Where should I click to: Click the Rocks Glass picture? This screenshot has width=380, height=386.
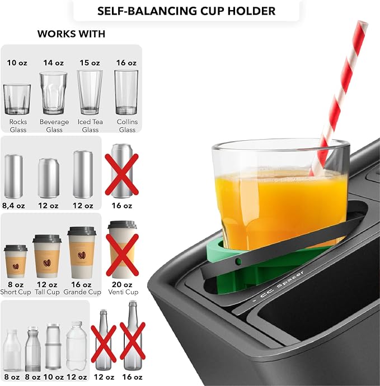click(x=17, y=99)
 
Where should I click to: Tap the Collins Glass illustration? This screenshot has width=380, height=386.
click(x=126, y=92)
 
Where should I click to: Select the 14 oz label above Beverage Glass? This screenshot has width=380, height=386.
click(x=54, y=63)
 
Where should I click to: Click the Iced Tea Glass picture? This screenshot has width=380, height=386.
click(x=90, y=92)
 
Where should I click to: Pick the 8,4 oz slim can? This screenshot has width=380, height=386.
click(x=13, y=177)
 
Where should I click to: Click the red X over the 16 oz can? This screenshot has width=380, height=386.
click(x=122, y=174)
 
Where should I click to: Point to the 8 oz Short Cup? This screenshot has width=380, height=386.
click(x=16, y=261)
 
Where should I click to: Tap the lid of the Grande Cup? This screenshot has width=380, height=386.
click(x=82, y=231)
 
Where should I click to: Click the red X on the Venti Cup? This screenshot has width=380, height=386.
click(x=123, y=255)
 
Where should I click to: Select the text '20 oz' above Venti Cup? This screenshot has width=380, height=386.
click(x=122, y=284)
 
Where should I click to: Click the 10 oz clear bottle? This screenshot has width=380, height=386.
click(x=53, y=346)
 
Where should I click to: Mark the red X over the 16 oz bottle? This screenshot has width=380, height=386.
click(x=133, y=341)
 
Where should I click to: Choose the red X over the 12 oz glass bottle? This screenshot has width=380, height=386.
click(x=104, y=344)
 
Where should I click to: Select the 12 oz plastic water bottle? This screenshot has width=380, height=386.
click(x=77, y=346)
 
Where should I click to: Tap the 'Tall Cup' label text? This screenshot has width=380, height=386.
click(x=47, y=292)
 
